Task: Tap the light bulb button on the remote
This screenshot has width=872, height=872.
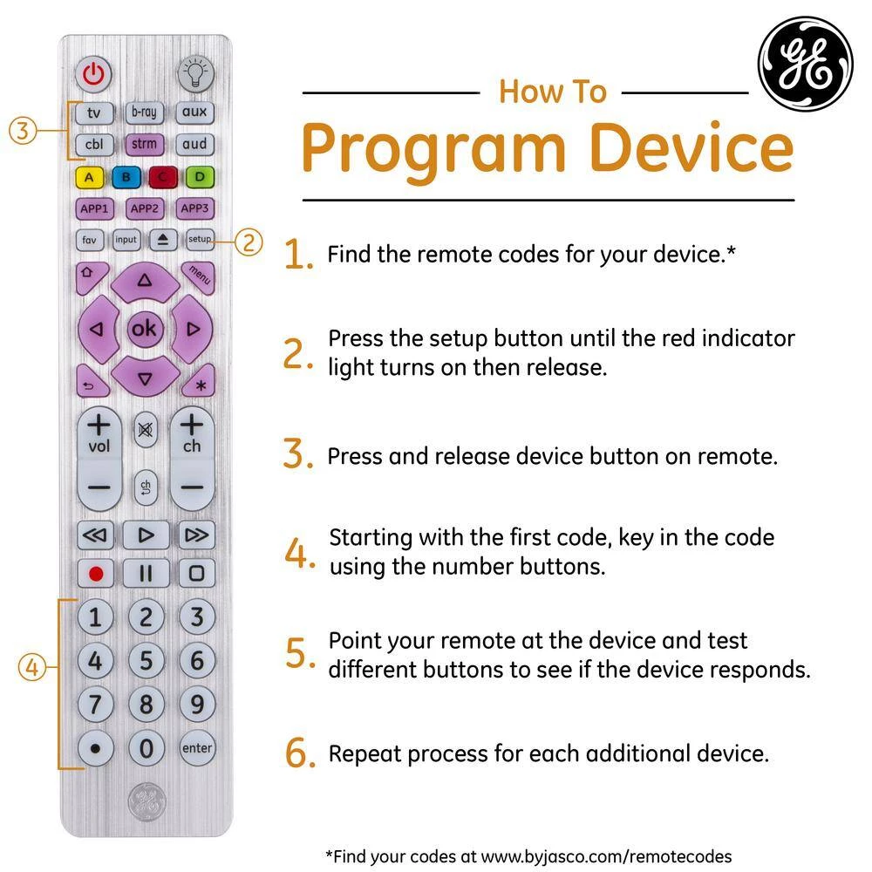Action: pos(195,74)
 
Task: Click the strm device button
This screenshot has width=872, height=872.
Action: pos(144,144)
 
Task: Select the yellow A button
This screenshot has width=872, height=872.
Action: pos(89,177)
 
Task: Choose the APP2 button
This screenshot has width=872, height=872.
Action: pos(145,208)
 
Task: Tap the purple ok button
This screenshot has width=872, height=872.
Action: pos(145,329)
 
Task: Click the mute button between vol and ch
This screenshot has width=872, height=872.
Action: pos(145,429)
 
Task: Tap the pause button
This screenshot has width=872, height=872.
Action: pos(146,574)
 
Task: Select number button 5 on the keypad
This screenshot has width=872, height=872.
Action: pos(146,661)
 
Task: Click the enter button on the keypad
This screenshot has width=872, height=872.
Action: pos(197,748)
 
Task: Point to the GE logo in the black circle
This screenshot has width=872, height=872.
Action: pos(806,64)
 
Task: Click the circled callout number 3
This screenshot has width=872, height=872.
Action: pos(23,131)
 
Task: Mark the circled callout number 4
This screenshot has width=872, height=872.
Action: pos(32,666)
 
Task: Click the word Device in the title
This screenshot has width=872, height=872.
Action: pos(691,147)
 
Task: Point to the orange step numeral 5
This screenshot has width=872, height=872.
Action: pos(298,653)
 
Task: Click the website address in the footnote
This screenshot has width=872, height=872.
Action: pos(606,856)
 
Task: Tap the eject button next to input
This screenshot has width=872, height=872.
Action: pos(162,240)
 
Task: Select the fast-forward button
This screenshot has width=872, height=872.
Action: pos(196,535)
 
